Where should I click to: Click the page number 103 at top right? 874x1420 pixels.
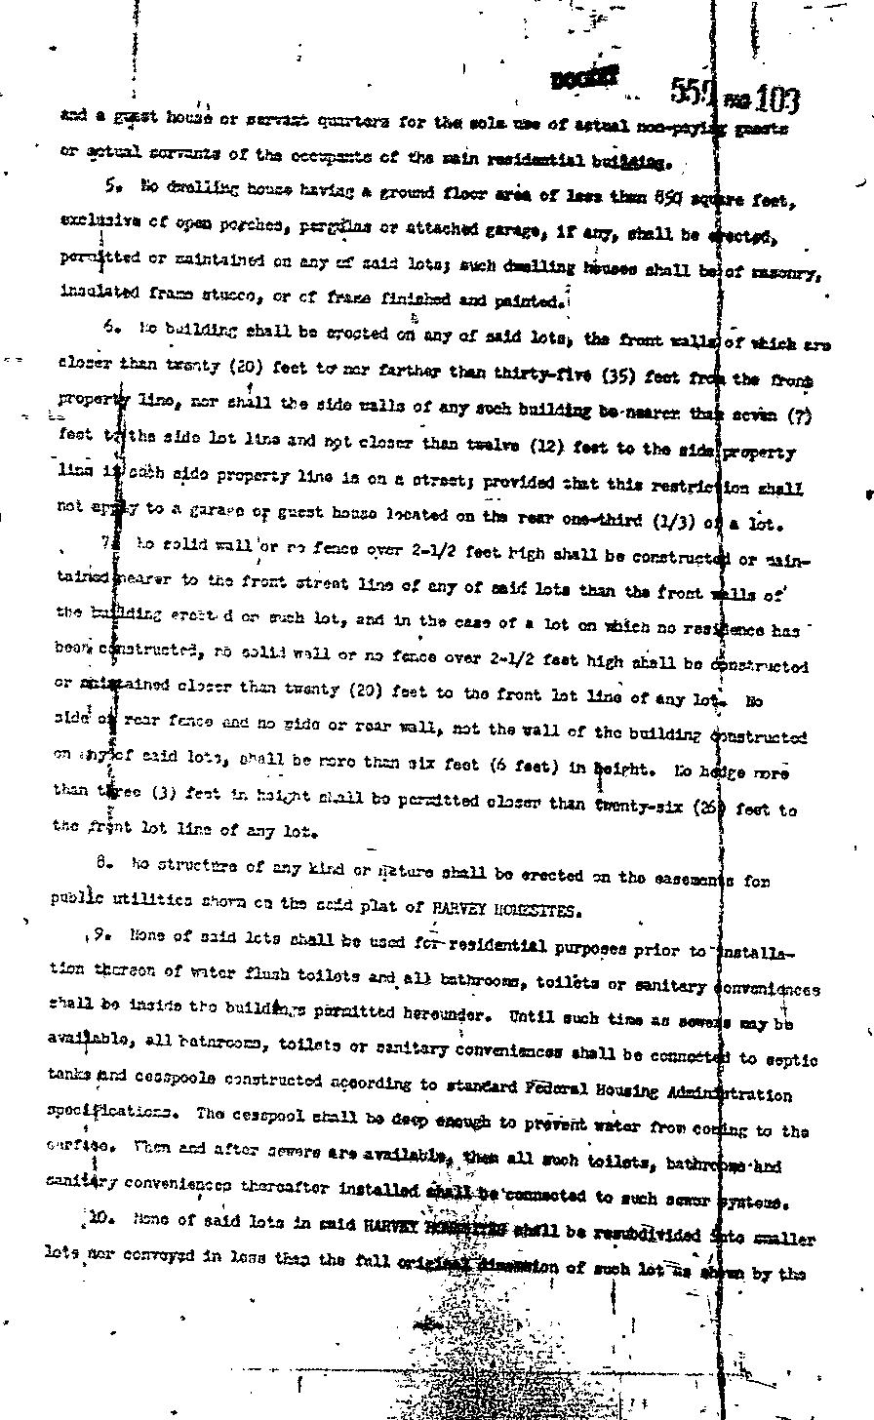pyautogui.click(x=776, y=99)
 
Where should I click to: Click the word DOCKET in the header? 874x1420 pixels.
pyautogui.click(x=585, y=80)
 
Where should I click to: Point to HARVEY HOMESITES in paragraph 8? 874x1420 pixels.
pyautogui.click(x=506, y=910)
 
